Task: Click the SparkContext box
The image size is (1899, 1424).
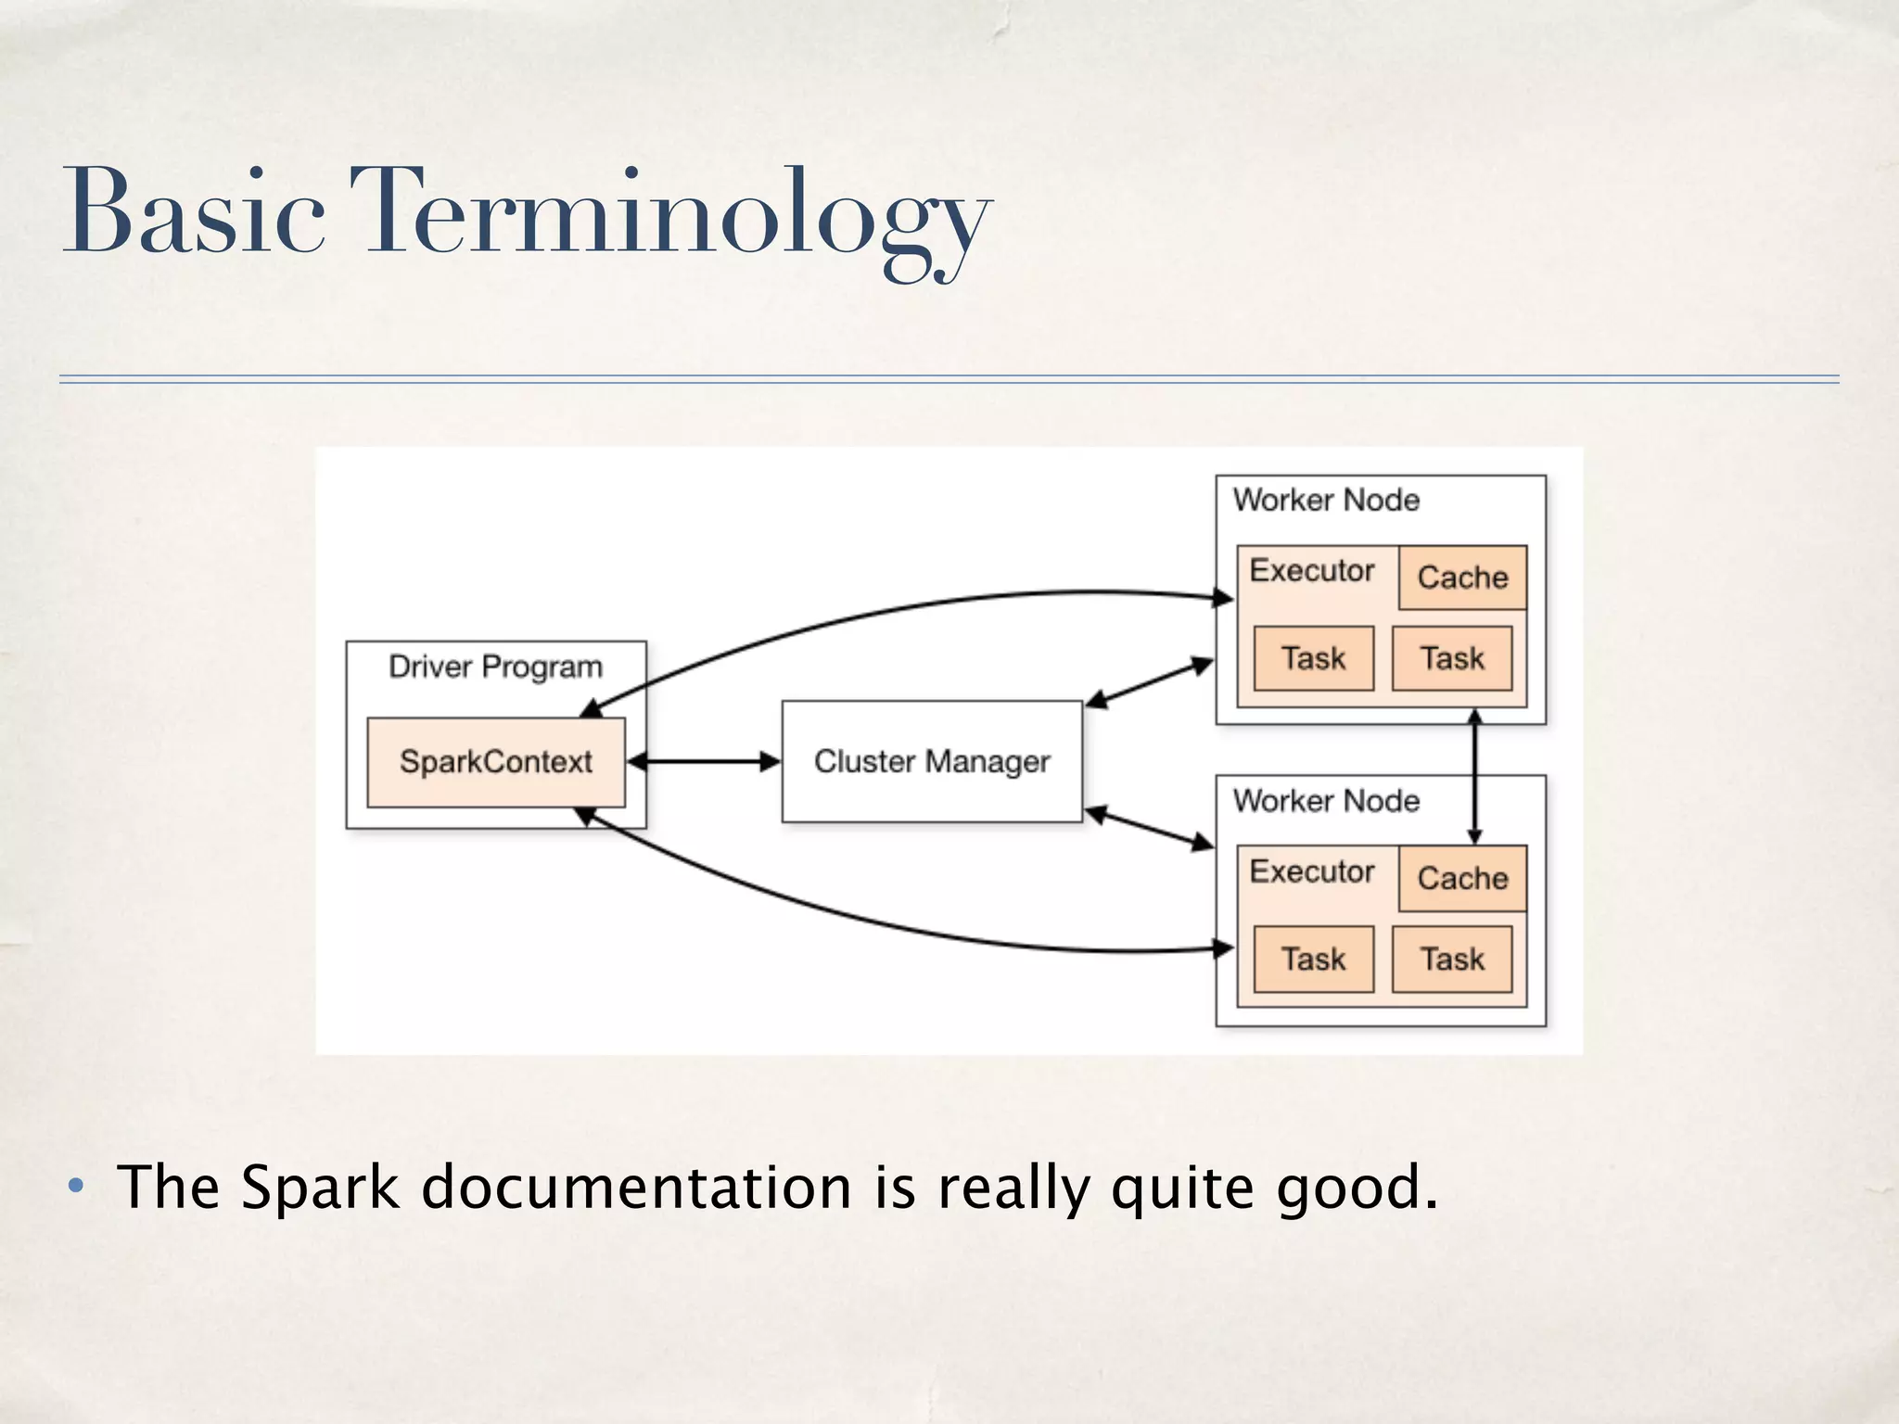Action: click(x=496, y=762)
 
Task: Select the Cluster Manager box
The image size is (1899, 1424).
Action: click(x=932, y=761)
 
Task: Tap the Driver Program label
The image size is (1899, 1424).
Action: click(x=495, y=667)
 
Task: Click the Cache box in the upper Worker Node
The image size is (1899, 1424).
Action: click(x=1462, y=578)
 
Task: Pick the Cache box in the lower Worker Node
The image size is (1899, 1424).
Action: click(x=1462, y=878)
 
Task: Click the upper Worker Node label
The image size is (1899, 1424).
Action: click(x=1326, y=501)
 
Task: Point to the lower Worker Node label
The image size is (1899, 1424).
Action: click(x=1326, y=801)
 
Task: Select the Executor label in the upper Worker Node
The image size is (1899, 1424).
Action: click(x=1312, y=570)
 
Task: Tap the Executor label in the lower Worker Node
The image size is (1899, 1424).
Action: click(x=1312, y=871)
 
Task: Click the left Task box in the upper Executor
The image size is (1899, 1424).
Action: click(x=1313, y=658)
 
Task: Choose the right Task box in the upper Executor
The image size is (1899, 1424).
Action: click(x=1452, y=658)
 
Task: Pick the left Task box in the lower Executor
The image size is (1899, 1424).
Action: click(x=1313, y=959)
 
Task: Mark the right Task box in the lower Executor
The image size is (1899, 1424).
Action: click(x=1452, y=959)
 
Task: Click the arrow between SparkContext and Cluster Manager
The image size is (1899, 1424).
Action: click(x=705, y=762)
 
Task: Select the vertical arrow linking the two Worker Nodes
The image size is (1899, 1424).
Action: click(x=1475, y=777)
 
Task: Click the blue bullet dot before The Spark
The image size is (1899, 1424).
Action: click(x=77, y=1186)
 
